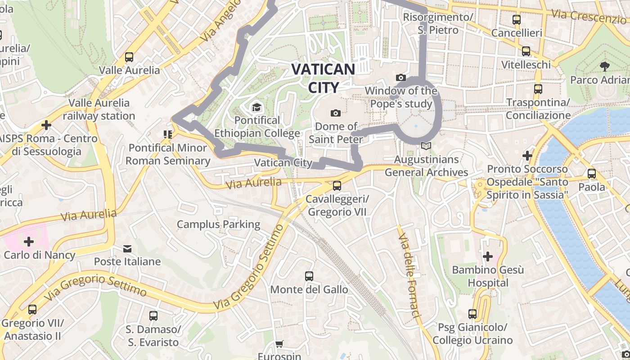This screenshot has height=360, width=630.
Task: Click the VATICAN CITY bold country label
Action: [323, 77]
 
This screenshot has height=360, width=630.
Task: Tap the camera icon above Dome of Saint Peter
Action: [335, 113]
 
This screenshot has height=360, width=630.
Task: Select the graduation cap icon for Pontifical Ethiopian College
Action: [256, 107]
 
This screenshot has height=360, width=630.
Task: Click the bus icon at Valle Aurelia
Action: [129, 57]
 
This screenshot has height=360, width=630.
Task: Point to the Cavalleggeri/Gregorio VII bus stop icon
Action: [337, 185]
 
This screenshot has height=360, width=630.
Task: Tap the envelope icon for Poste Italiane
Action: [127, 248]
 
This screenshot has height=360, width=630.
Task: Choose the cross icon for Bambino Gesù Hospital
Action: [488, 257]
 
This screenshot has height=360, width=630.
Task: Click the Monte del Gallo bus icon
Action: [309, 276]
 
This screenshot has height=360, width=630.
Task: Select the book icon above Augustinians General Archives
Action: [426, 146]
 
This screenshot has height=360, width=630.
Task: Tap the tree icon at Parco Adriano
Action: [604, 67]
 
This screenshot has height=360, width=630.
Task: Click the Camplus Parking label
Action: [218, 224]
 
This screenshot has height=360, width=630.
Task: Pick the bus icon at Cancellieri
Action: [516, 20]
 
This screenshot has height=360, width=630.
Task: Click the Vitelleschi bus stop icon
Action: [526, 51]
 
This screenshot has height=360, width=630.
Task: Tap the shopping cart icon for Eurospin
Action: [279, 344]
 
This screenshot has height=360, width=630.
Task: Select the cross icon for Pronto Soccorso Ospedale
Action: [527, 156]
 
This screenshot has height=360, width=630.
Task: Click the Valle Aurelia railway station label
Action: [99, 109]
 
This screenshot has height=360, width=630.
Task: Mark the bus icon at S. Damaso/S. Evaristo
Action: [153, 315]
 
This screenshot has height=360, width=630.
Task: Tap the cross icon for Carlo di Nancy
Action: [29, 242]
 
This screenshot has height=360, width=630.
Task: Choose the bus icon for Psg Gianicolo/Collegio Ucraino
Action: [472, 314]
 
